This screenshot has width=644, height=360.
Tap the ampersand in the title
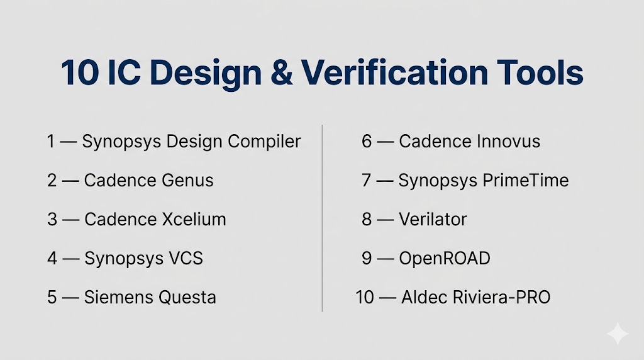pyautogui.click(x=281, y=73)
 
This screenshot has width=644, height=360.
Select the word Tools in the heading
pyautogui.click(x=540, y=72)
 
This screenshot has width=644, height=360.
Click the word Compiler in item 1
pyautogui.click(x=265, y=142)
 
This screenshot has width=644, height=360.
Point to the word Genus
pyautogui.click(x=187, y=181)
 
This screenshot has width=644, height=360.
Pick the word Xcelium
pyautogui.click(x=194, y=220)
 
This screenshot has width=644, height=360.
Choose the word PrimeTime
pyautogui.click(x=525, y=181)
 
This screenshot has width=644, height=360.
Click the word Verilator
pyautogui.click(x=433, y=220)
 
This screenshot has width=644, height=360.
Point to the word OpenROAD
pyautogui.click(x=445, y=259)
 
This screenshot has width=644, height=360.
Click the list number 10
pyautogui.click(x=365, y=298)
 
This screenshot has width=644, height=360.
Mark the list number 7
pyautogui.click(x=367, y=181)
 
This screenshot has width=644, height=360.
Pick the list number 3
pyautogui.click(x=52, y=220)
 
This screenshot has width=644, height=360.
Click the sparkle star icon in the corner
pyautogui.click(x=618, y=334)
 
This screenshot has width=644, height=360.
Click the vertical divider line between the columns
pyautogui.click(x=322, y=218)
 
